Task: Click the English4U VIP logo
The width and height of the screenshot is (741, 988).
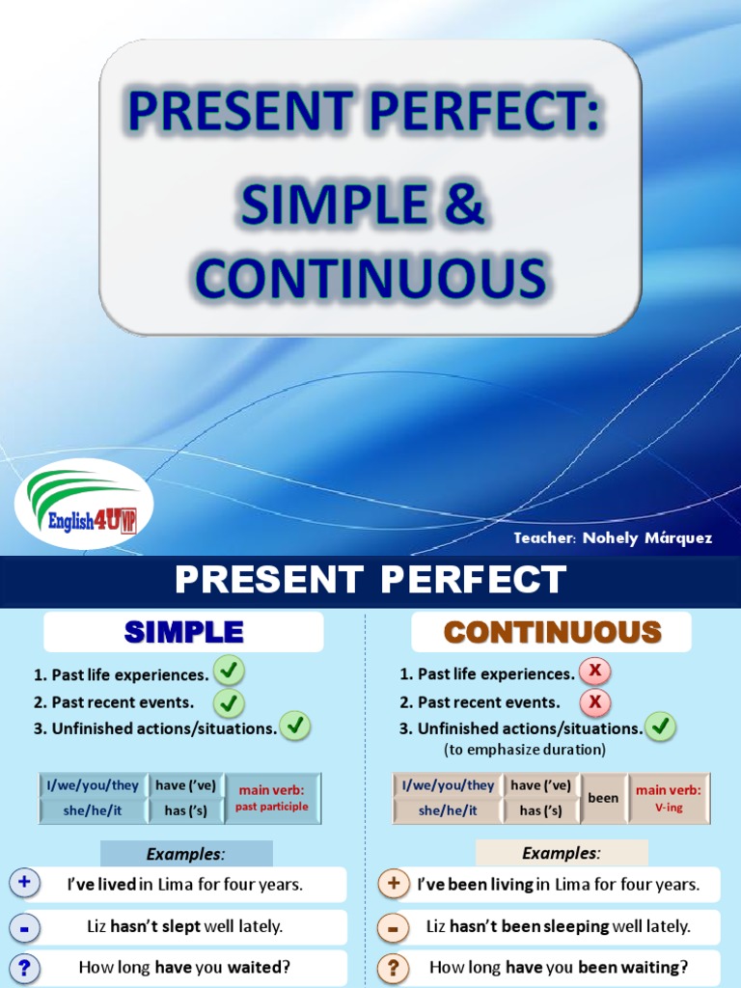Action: pos(83,505)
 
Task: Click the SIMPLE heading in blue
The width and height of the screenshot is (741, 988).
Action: pos(183,632)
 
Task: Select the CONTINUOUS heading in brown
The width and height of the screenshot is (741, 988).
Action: pos(552,632)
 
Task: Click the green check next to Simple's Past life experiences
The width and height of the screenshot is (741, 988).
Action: pos(229,671)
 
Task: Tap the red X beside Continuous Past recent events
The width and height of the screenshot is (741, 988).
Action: pos(595,701)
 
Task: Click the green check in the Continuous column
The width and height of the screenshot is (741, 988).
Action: pos(660,727)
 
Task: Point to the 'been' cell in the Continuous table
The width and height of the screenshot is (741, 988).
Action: pos(603,798)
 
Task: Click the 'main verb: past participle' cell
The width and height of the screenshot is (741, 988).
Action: pos(272,798)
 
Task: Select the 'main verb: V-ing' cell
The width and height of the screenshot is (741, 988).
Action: pos(668,798)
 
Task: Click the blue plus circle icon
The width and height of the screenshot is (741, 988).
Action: pos(25,883)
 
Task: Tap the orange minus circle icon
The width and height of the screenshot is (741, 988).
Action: pos(393,927)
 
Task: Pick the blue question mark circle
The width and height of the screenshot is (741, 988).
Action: pos(25,968)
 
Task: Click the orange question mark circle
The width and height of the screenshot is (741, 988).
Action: pos(393,968)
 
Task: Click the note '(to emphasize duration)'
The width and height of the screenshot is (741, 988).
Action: pos(525,750)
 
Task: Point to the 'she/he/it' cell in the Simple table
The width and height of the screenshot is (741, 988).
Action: pos(93,810)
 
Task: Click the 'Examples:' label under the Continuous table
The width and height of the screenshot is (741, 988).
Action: pos(562,853)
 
